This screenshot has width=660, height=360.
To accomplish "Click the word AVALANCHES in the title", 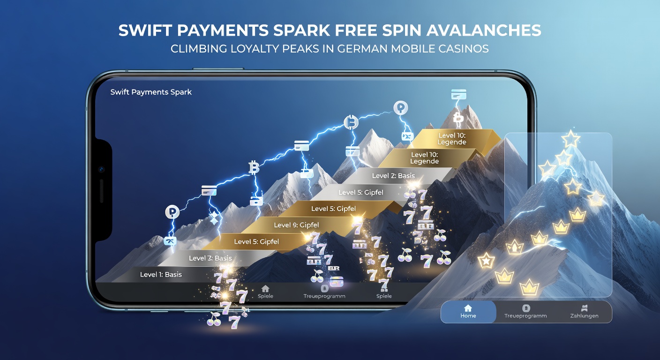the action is pyautogui.click(x=483, y=30).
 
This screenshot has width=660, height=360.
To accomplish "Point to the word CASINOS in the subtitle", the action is pyautogui.click(x=464, y=49).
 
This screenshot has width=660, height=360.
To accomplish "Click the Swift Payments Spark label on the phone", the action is pyautogui.click(x=151, y=92).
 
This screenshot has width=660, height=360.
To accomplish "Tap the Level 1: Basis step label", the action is pyautogui.click(x=161, y=275).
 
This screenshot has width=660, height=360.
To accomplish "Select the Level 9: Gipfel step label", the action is pyautogui.click(x=296, y=225).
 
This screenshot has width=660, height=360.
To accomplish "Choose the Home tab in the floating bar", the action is pyautogui.click(x=468, y=312).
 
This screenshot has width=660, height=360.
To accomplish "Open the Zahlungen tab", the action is pyautogui.click(x=584, y=312).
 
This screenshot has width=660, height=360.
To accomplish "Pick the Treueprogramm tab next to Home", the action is pyautogui.click(x=525, y=312).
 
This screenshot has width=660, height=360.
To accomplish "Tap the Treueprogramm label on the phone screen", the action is pyautogui.click(x=324, y=296).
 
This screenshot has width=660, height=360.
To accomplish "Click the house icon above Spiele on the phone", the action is pyautogui.click(x=265, y=288).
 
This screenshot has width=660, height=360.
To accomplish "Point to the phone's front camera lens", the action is pyautogui.click(x=101, y=169).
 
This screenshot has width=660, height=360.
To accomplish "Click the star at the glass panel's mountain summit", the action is pyautogui.click(x=571, y=139).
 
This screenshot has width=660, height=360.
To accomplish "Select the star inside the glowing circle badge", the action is pyautogui.click(x=486, y=261).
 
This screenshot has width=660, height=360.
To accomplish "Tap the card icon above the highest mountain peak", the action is pyautogui.click(x=459, y=95).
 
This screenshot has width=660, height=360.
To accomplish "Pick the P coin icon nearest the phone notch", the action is pyautogui.click(x=172, y=212).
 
